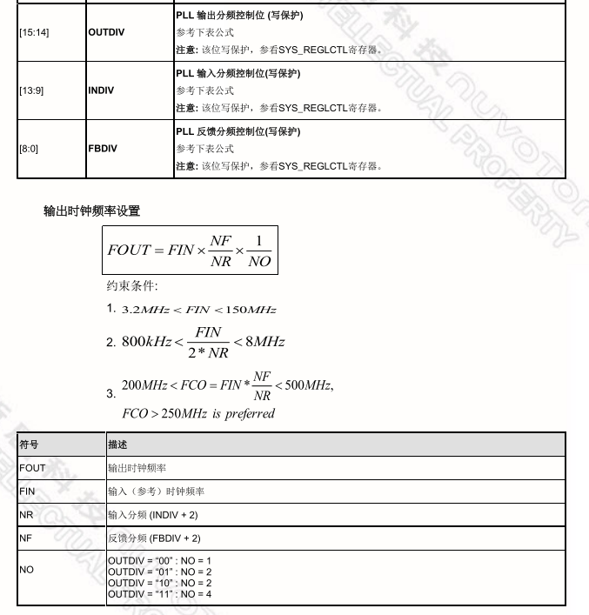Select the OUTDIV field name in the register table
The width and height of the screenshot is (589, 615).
[x=106, y=32]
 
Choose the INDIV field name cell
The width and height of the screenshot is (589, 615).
[x=101, y=90]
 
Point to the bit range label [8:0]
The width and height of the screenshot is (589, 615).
[x=28, y=149]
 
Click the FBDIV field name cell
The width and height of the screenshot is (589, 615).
[x=103, y=149]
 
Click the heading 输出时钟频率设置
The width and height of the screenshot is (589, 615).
[x=91, y=211]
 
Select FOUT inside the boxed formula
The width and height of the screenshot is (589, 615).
[x=129, y=251]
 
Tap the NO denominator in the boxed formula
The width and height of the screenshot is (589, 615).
[x=259, y=261]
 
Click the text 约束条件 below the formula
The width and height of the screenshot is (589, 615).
[x=131, y=285]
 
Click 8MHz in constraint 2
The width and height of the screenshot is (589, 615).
[x=265, y=342]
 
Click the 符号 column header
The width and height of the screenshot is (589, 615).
[x=29, y=445]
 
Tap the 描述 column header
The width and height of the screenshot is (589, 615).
[x=117, y=445]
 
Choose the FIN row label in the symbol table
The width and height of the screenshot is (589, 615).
[x=27, y=491]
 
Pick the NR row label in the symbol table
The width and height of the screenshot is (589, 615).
[x=26, y=515]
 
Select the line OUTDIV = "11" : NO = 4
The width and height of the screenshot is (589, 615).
[x=160, y=594]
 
